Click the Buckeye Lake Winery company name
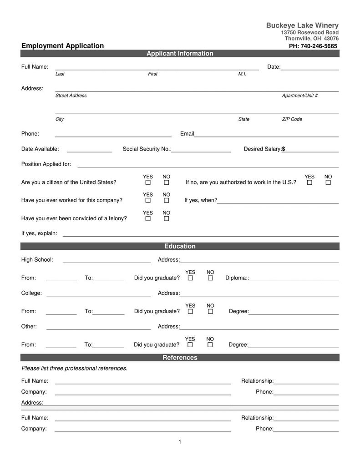302,25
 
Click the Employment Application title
62,46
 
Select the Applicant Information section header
180,54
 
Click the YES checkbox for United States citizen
148,182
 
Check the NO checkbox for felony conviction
167,219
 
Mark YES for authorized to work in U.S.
309,182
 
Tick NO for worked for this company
167,201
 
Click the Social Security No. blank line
201,152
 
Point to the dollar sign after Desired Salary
284,149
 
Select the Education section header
180,246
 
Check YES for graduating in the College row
190,312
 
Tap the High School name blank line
106,262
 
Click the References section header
180,358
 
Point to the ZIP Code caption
292,119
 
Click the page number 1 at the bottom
180,442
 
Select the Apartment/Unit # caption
299,96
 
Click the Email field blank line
266,136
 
